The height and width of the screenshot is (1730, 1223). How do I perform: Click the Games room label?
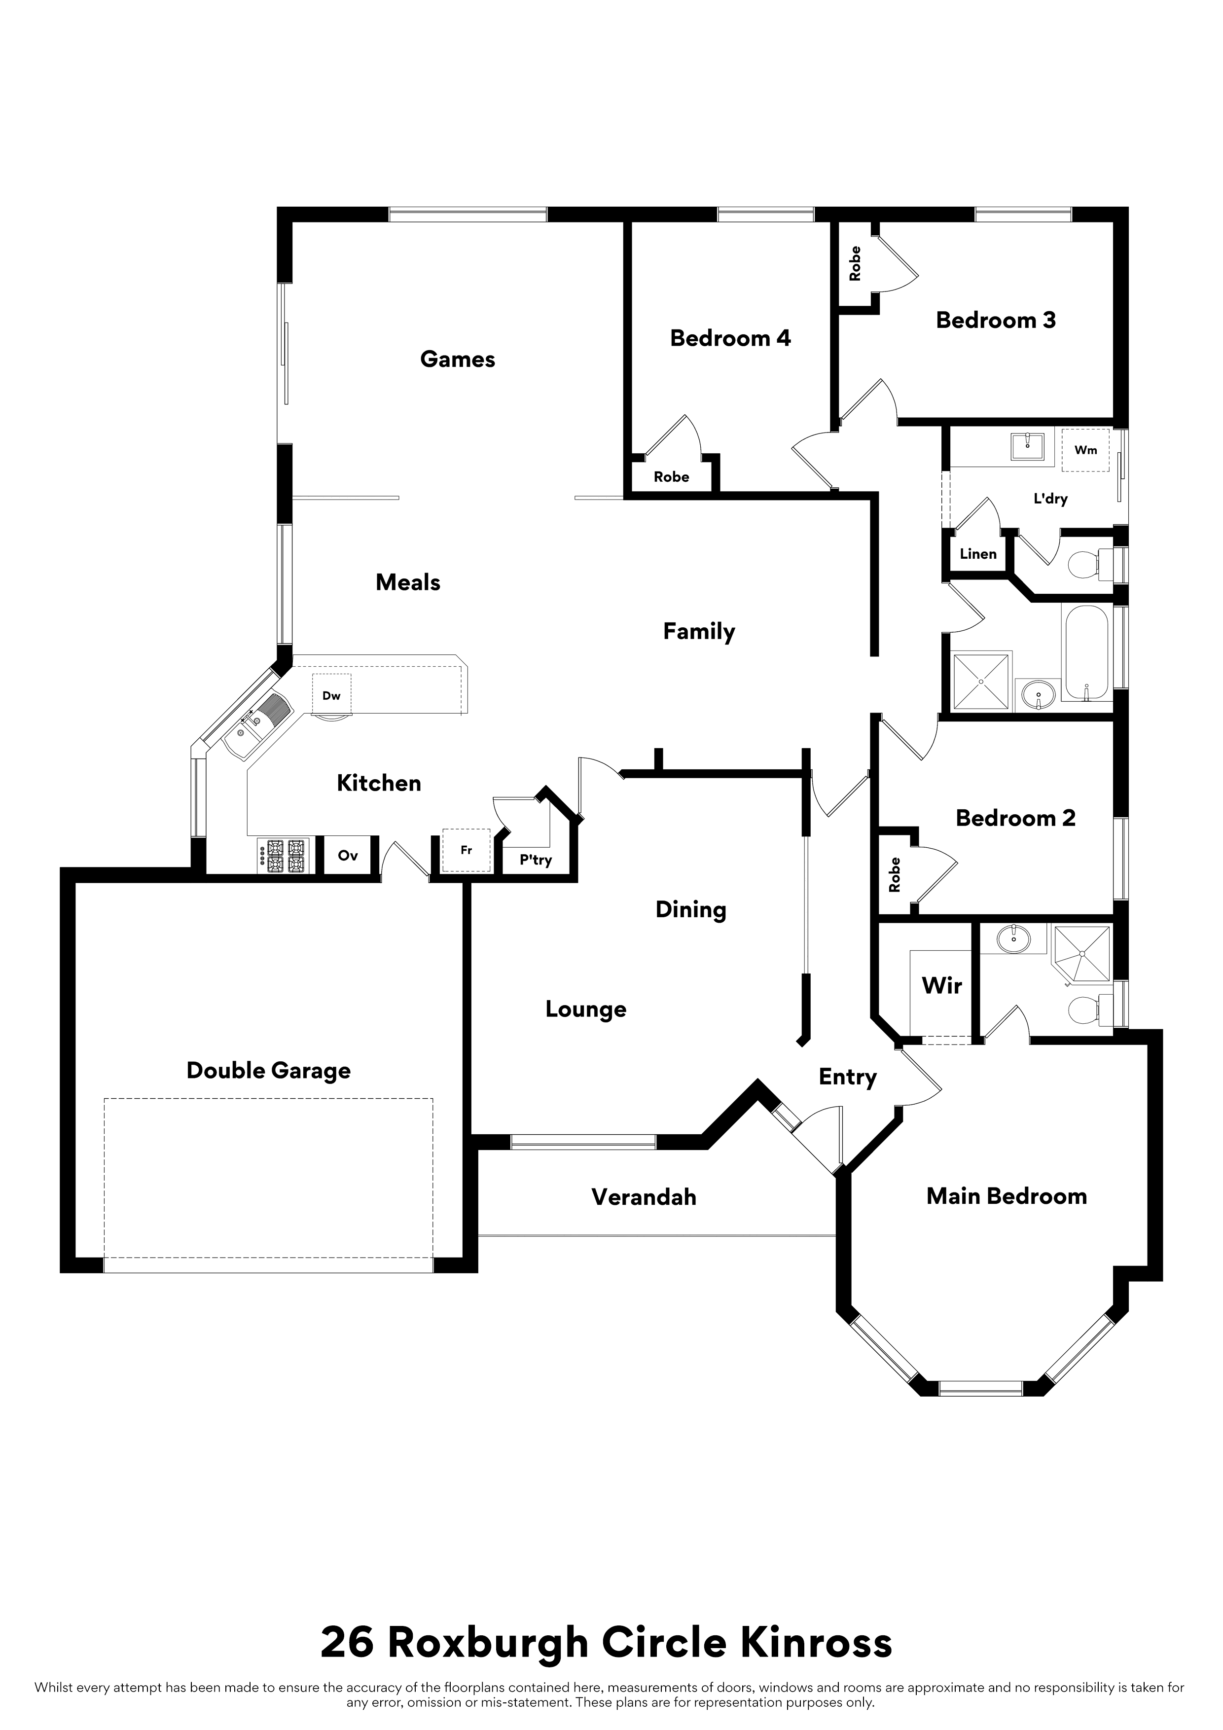(x=458, y=360)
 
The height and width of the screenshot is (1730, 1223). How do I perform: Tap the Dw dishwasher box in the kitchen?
(x=331, y=695)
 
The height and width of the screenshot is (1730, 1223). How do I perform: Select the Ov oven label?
(x=347, y=855)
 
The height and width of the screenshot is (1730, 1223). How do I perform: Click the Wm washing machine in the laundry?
(x=1085, y=450)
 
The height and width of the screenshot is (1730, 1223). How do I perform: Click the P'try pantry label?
(x=536, y=860)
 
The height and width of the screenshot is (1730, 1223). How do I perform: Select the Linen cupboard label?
(x=978, y=554)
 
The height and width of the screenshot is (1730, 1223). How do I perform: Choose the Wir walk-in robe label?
(x=942, y=985)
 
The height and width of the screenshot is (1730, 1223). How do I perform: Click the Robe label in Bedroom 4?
(x=671, y=476)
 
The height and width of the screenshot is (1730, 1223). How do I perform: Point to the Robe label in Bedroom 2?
(x=895, y=875)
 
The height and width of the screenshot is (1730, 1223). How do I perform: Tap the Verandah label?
(x=644, y=1197)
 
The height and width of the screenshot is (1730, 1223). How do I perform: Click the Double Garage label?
(x=268, y=1071)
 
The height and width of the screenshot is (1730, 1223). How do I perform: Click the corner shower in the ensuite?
(x=1082, y=955)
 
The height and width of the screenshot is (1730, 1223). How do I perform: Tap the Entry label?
(x=848, y=1078)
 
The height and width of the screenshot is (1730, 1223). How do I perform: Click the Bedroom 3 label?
(x=996, y=320)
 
